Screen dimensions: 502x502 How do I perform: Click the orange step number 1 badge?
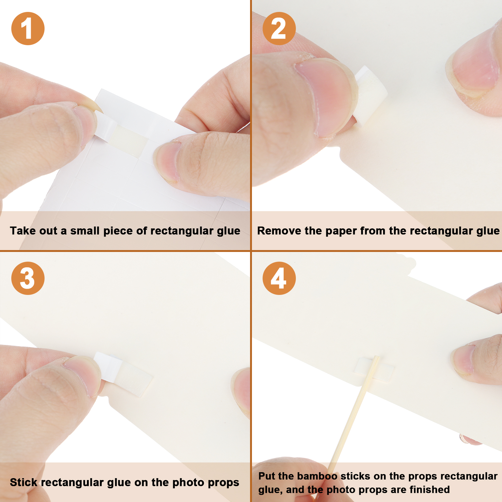tap(28, 29)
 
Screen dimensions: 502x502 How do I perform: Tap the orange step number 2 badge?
tap(279, 29)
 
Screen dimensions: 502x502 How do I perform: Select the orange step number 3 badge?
tap(28, 278)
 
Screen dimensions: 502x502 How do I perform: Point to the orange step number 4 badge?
tap(279, 278)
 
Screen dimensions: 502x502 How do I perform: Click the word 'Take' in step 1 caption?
tap(23, 231)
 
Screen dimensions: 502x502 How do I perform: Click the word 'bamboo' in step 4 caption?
tap(317, 476)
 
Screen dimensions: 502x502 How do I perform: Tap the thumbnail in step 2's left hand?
tap(326, 97)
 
